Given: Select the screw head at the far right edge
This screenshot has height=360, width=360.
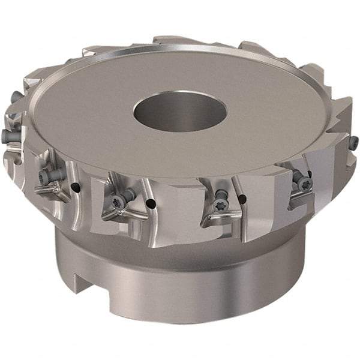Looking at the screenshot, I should pyautogui.click(x=354, y=143).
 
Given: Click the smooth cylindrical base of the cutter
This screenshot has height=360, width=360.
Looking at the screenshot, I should pyautogui.click(x=180, y=288).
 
